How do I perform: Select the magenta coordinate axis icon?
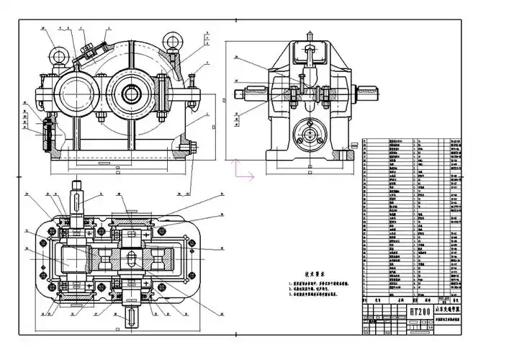(x=241, y=170)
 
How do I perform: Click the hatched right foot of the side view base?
(x=348, y=154)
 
